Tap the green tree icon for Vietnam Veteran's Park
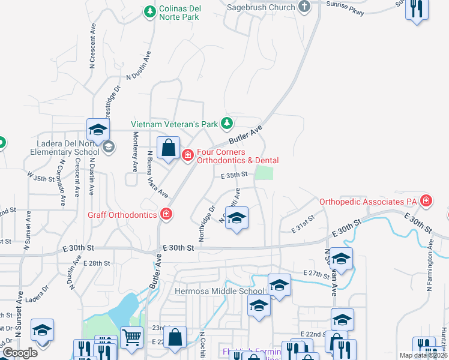pyautogui.click(x=226, y=124)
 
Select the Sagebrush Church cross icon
pyautogui.click(x=304, y=7)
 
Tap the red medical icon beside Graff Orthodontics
pyautogui.click(x=166, y=214)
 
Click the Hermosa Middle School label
pyautogui.click(x=218, y=292)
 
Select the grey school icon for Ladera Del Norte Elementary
pyautogui.click(x=108, y=147)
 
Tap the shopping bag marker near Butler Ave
pyautogui.click(x=169, y=147)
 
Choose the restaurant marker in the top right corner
pyautogui.click(x=417, y=9)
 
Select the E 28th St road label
pyautogui.click(x=97, y=263)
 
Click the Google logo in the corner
pyautogui.click(x=19, y=353)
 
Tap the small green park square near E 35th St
pyautogui.click(x=264, y=173)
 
